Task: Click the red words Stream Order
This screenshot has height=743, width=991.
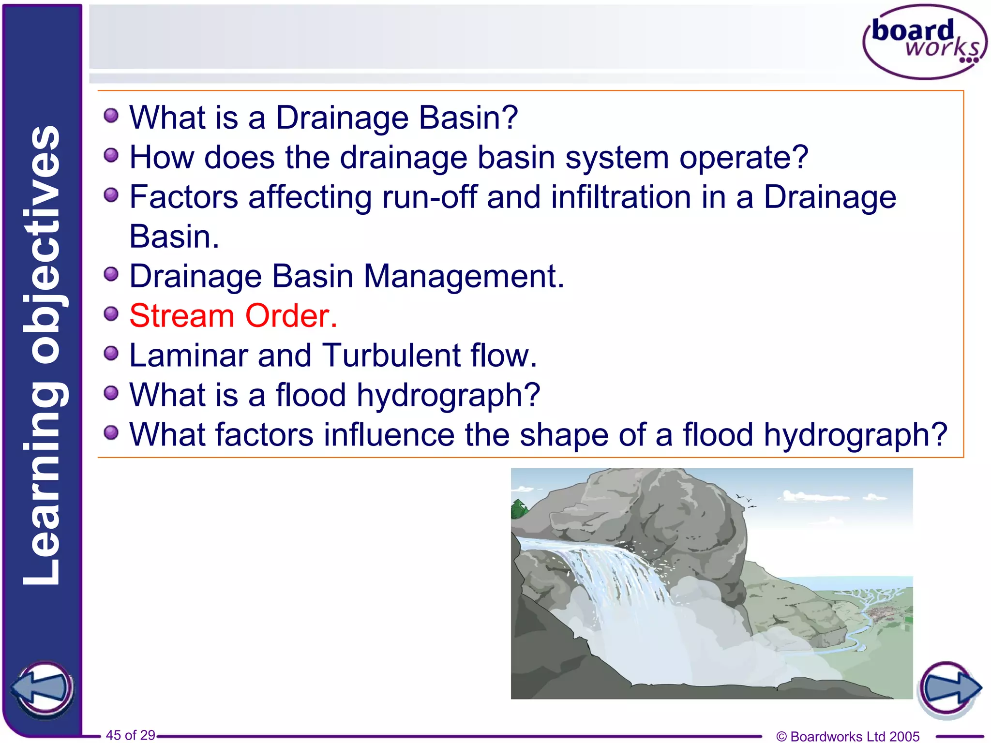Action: tap(233, 316)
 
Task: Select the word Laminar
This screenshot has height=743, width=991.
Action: tap(189, 356)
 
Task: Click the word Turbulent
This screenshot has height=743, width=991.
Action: tap(391, 356)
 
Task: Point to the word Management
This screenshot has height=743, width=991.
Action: tap(464, 276)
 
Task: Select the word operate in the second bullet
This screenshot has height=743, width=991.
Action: tap(744, 158)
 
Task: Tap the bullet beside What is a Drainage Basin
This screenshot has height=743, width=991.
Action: tap(111, 116)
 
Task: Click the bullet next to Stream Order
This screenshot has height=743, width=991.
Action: tap(111, 314)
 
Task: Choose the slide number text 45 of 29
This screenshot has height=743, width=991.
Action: tap(130, 735)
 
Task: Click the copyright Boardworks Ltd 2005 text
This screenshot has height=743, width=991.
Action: tap(847, 736)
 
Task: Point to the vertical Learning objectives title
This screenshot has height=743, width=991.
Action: tap(43, 356)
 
